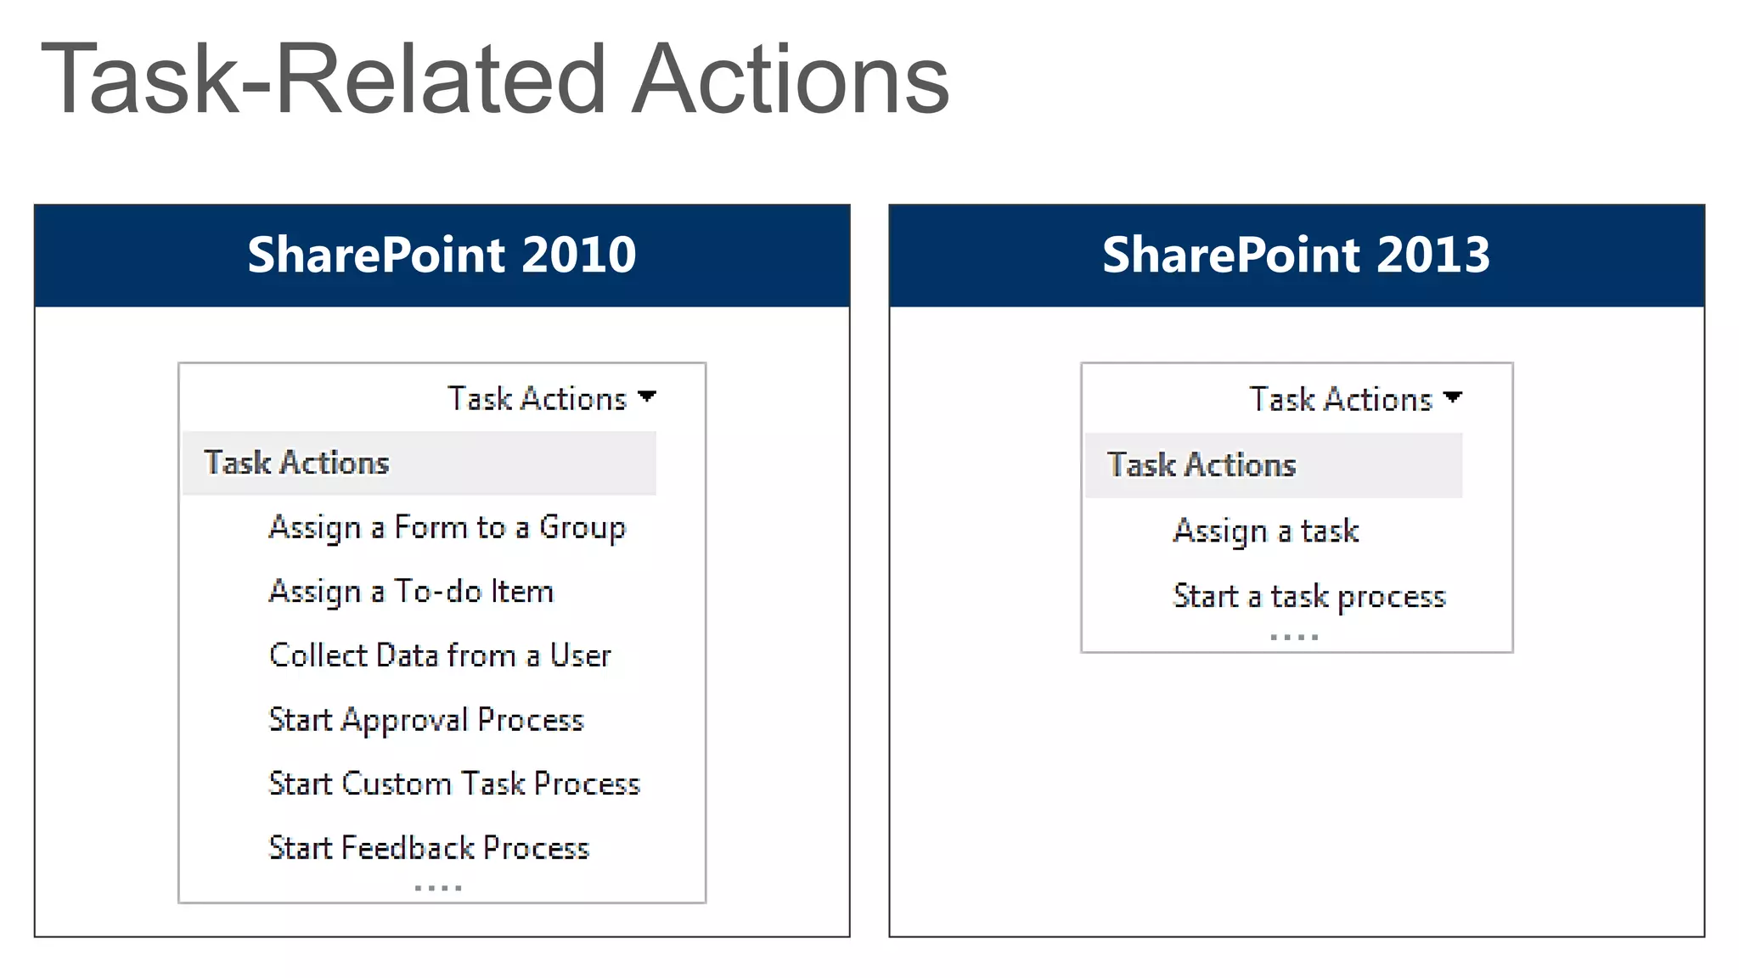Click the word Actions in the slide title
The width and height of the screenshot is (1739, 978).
point(791,80)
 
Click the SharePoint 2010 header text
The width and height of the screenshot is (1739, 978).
point(442,255)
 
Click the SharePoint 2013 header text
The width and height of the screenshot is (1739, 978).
point(1296,255)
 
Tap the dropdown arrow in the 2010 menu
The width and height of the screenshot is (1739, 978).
point(647,396)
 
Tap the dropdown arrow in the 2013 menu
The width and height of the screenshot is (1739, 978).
point(1453,397)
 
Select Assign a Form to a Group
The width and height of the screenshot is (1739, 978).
point(447,527)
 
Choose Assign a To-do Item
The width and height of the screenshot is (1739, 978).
point(411,592)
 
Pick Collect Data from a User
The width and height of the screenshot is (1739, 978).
point(440,655)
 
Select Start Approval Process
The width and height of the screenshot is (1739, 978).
point(426,720)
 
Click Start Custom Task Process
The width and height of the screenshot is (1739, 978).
point(454,784)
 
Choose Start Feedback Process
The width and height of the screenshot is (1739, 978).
point(429,848)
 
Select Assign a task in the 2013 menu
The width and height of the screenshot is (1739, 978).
point(1265,531)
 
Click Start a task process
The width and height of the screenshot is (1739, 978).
point(1309,596)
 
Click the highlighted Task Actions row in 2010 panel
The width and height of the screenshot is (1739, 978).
point(419,464)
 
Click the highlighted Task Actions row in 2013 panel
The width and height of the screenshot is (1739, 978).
point(1273,465)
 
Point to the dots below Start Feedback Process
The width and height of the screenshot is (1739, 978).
point(438,888)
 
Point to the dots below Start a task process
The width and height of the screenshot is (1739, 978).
point(1294,637)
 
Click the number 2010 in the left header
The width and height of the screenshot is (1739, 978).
point(578,255)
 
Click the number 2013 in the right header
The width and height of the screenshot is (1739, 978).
point(1432,255)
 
